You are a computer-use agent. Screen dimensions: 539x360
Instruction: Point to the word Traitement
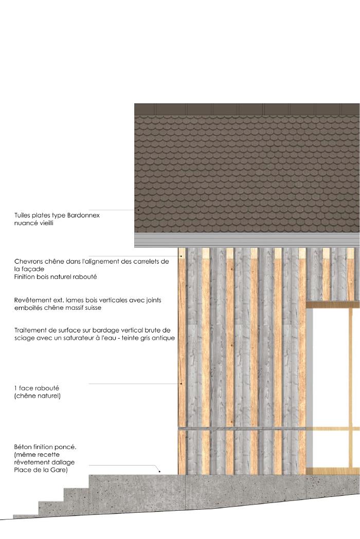pyautogui.click(x=32, y=330)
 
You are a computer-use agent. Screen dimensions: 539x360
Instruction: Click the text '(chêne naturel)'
pyautogui.click(x=38, y=396)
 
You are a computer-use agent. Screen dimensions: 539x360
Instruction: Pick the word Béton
pyautogui.click(x=24, y=447)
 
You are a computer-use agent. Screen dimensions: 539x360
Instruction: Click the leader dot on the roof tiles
pyautogui.click(x=138, y=210)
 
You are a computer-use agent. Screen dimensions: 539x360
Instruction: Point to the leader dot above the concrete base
pyautogui.click(x=159, y=471)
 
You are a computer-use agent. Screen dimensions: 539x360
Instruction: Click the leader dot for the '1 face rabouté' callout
pyautogui.click(x=181, y=384)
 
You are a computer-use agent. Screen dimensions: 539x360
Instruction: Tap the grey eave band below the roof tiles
pyautogui.click(x=247, y=240)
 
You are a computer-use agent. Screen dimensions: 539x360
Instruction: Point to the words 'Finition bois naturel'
pyautogui.click(x=49, y=277)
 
